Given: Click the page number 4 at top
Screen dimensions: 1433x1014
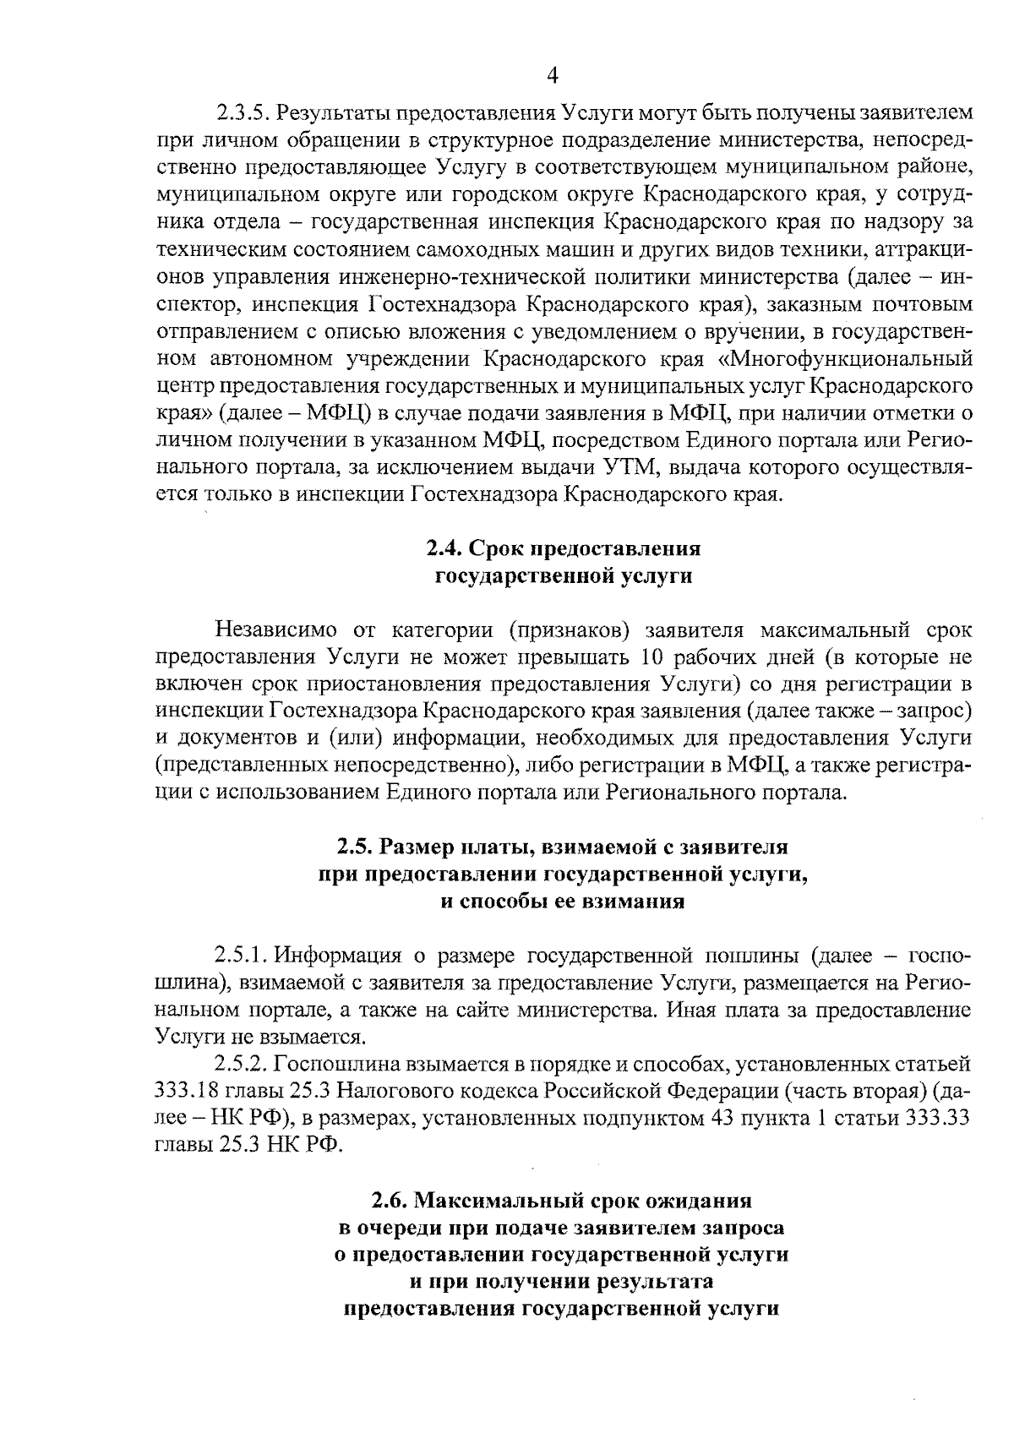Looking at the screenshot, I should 552,76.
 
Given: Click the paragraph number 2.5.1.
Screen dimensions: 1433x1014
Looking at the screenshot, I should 243,956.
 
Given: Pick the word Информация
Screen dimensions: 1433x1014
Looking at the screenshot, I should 338,956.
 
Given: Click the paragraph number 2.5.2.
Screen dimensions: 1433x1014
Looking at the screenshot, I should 243,1065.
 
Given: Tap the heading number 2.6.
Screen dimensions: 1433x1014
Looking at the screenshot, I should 391,1201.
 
